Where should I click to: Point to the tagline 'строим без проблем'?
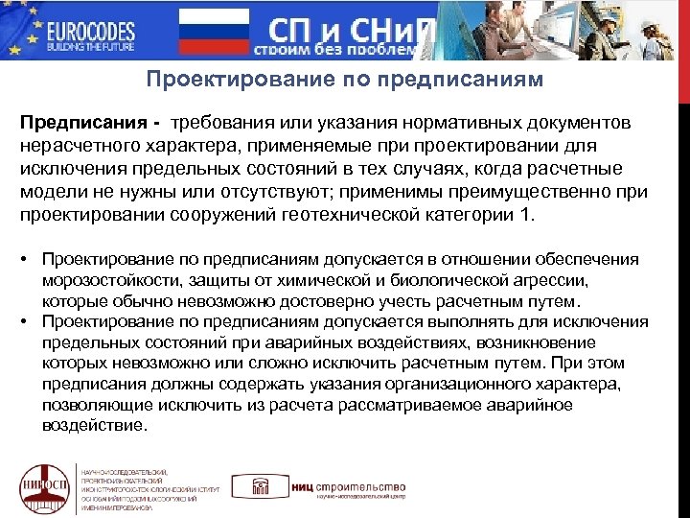point(335,49)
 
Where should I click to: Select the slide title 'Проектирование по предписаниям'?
point(344,79)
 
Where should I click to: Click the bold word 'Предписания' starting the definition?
point(83,124)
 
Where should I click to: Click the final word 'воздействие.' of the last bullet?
point(95,426)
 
